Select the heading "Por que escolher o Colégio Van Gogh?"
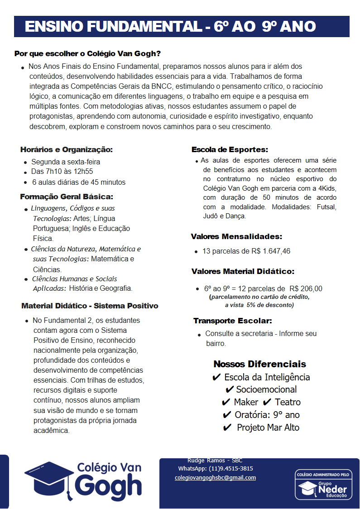[88, 53]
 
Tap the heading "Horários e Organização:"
[67, 149]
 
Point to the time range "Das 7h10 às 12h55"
[62, 172]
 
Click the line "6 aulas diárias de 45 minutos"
[78, 182]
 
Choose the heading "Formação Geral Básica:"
[67, 197]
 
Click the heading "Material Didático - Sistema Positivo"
[90, 306]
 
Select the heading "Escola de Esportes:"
[230, 149]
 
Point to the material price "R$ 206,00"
[306, 288]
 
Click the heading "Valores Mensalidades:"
[236, 236]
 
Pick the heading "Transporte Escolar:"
[233, 321]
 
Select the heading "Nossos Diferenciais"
[259, 364]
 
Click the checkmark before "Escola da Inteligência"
[216, 377]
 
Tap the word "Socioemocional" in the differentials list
[266, 389]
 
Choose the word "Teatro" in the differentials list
[288, 402]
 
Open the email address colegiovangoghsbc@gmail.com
[215, 478]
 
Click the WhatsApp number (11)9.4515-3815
[230, 469]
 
